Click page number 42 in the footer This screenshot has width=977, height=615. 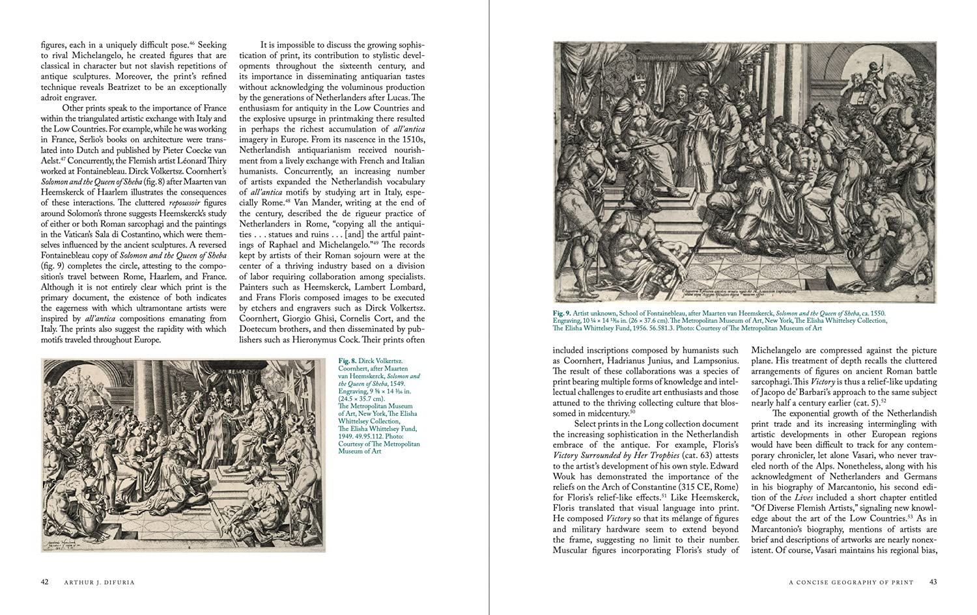click(45, 582)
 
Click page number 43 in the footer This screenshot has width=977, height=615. click(933, 582)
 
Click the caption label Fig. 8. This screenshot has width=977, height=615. click(347, 360)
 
